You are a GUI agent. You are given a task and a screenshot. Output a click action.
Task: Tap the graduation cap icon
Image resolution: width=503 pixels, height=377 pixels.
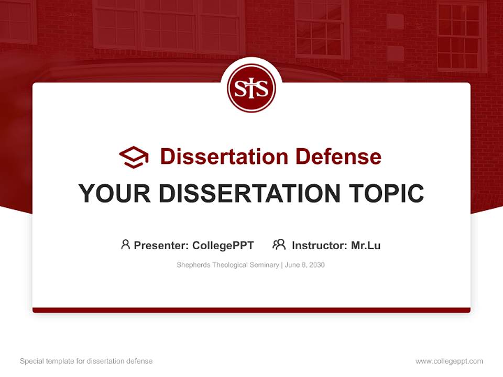pos(134,157)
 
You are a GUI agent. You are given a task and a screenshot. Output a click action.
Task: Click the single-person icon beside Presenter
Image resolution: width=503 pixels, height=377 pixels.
pos(125,245)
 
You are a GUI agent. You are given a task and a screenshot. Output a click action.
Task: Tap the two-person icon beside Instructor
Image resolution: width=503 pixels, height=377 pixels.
pos(279,245)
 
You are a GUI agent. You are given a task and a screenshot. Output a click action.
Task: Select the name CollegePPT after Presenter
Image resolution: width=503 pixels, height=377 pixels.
pos(223,245)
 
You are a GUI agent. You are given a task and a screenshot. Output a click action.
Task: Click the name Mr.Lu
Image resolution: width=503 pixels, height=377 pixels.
pos(366,245)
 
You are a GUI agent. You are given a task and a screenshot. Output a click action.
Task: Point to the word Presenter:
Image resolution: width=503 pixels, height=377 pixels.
pos(162,245)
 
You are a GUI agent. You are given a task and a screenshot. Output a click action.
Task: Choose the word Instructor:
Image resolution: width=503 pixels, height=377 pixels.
pos(320,245)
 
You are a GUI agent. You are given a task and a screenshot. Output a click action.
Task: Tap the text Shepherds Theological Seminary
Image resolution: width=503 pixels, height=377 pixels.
pos(228,265)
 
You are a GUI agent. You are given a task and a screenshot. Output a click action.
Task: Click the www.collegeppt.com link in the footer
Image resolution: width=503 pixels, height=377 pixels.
pos(449,361)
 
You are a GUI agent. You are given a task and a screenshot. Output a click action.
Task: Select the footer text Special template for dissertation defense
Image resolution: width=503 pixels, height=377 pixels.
pos(86,361)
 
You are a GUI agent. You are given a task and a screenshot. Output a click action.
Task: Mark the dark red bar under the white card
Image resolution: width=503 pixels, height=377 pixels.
pos(251,310)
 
